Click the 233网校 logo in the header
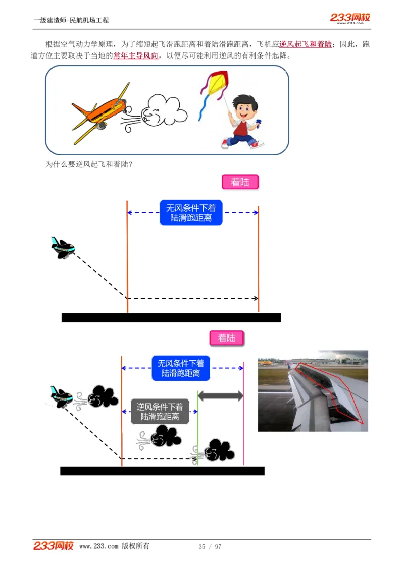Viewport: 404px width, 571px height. tap(350, 18)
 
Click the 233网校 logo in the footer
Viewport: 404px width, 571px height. tap(54, 546)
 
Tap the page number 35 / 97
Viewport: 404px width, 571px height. tap(210, 547)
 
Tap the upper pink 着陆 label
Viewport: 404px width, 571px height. tap(240, 182)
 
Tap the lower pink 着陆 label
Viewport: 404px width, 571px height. tap(227, 338)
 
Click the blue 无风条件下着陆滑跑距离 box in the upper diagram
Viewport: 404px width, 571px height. tap(191, 213)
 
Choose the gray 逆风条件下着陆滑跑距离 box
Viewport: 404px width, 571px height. tap(160, 411)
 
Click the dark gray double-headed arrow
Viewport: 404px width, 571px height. tap(220, 396)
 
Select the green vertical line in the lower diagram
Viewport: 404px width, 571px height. tap(197, 429)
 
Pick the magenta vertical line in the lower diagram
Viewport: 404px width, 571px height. tap(243, 414)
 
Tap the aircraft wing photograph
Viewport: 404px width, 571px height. tap(313, 391)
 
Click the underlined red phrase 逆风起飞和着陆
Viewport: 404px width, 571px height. tap(306, 44)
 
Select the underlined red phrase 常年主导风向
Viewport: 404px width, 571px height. tap(135, 55)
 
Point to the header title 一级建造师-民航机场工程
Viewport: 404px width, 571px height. tap(71, 20)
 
